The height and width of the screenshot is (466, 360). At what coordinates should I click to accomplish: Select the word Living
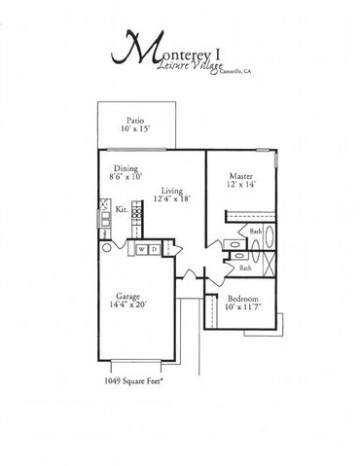pyautogui.click(x=173, y=191)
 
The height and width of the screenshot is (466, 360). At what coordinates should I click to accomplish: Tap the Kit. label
pyautogui.click(x=122, y=208)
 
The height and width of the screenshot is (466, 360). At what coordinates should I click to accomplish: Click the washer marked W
pyautogui.click(x=142, y=249)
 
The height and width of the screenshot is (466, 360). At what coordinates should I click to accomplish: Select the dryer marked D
pyautogui.click(x=155, y=249)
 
